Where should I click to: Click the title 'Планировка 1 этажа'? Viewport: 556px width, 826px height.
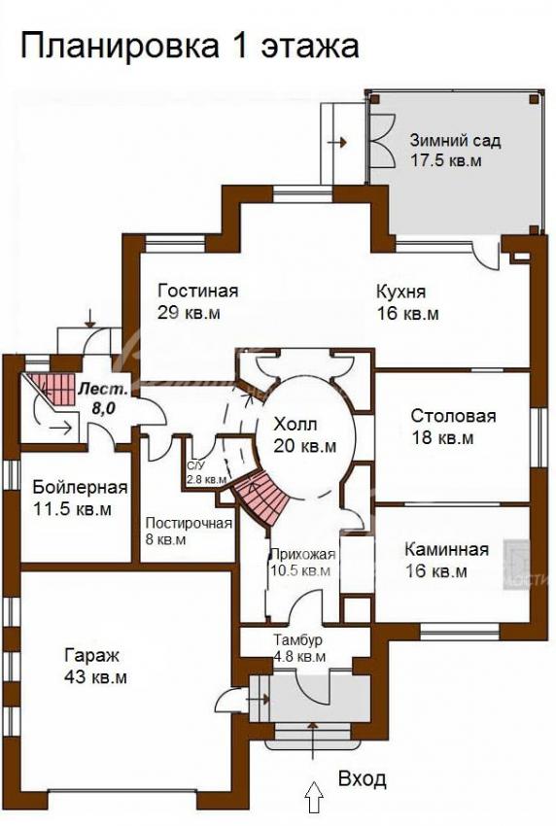tap(190, 46)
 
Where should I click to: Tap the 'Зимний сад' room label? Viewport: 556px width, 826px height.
tap(455, 141)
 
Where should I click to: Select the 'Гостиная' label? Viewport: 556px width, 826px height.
tap(198, 291)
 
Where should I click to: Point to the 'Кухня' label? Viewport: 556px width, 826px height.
tap(400, 292)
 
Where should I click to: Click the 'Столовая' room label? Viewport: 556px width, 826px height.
tap(453, 416)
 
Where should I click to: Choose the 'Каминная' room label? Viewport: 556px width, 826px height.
tap(446, 549)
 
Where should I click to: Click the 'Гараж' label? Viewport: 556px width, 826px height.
tap(92, 656)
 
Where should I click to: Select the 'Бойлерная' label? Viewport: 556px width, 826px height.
tap(80, 487)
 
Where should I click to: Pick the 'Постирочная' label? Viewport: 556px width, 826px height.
tap(189, 523)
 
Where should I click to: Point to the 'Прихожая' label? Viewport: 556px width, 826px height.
tap(302, 554)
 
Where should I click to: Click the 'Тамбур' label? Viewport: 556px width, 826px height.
tap(297, 640)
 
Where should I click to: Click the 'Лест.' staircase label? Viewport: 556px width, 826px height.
tap(103, 390)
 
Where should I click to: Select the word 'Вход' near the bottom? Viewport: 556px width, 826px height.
tap(362, 779)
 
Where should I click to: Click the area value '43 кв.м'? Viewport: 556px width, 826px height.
tap(96, 677)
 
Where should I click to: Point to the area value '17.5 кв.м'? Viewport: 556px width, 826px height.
tap(446, 160)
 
